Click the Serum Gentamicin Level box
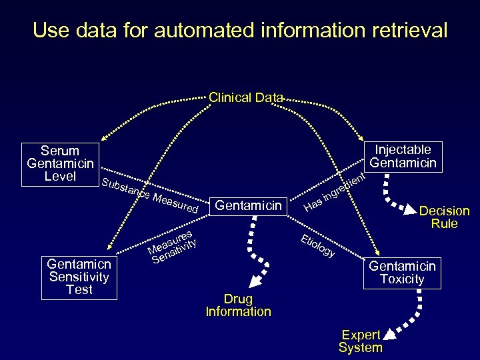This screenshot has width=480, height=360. [x=60, y=163]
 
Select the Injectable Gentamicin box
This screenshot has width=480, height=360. [x=403, y=156]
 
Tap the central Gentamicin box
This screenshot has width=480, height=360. [x=249, y=205]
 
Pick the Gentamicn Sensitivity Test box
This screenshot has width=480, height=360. [x=79, y=277]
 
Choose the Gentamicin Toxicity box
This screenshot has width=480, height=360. [x=402, y=273]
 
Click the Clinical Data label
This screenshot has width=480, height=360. [x=246, y=97]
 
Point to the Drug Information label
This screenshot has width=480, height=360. [x=238, y=305]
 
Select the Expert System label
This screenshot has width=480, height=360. [x=360, y=341]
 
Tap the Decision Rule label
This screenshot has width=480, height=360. [x=444, y=217]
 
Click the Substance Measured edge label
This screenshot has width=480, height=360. [x=151, y=195]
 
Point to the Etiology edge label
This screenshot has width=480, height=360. [x=317, y=246]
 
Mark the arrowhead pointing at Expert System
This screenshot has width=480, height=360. [x=388, y=331]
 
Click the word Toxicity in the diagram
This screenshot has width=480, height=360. [x=402, y=279]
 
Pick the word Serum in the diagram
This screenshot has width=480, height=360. [x=60, y=151]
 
